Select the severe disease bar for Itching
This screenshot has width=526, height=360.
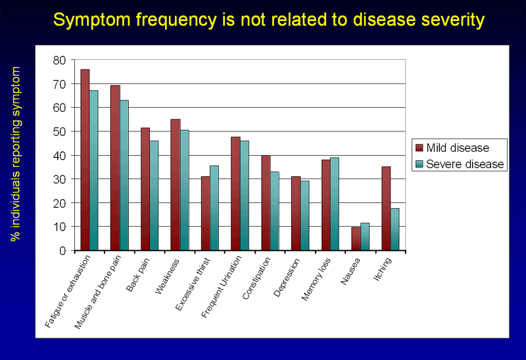[x=394, y=229]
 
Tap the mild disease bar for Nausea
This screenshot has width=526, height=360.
[x=356, y=239]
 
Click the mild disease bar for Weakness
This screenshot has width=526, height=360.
[x=175, y=185]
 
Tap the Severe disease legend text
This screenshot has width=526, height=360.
[x=465, y=164]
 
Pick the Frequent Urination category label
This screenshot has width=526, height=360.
[x=222, y=289]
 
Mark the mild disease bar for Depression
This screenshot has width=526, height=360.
[x=295, y=214]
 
